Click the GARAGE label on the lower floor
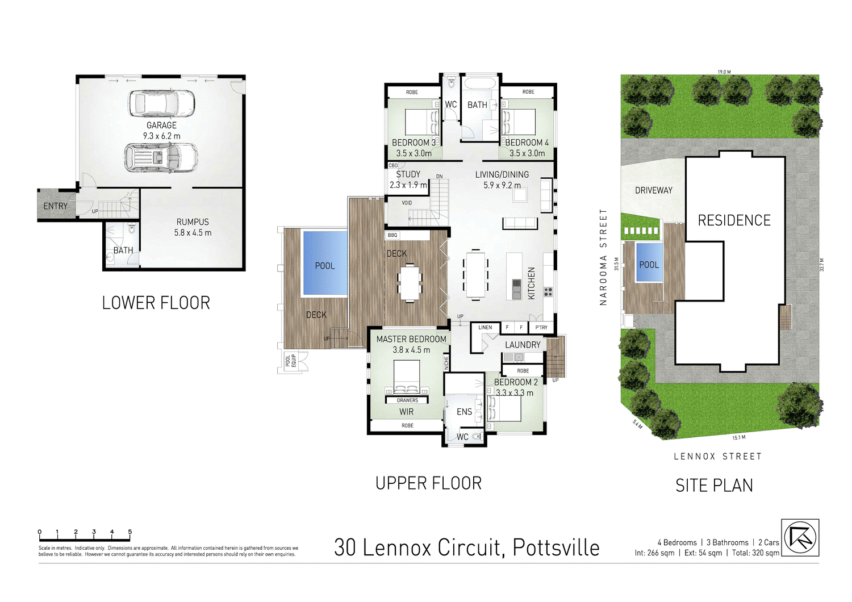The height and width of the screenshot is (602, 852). point(161,126)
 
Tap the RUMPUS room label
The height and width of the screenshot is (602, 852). point(193,222)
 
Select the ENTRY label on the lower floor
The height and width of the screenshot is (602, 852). point(55,206)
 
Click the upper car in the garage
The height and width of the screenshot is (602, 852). point(162,104)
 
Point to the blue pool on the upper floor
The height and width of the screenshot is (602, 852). point(325,262)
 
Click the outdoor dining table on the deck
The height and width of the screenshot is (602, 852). point(410,283)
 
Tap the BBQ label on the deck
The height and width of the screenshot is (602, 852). point(392,235)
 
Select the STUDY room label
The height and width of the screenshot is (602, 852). point(408,174)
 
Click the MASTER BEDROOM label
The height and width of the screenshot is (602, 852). point(411,339)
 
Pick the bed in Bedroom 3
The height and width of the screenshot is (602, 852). point(421,122)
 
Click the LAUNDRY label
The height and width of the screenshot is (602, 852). point(523,345)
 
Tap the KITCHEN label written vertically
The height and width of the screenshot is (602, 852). point(532,283)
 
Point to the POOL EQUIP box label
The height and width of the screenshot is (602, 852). point(291,361)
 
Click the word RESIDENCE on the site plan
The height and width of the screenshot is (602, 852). point(734,220)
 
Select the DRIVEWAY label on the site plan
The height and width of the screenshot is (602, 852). point(653,190)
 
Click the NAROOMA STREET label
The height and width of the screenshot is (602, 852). point(603,257)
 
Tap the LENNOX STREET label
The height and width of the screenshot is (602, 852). point(717,456)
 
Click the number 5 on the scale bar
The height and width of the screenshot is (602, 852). point(130,532)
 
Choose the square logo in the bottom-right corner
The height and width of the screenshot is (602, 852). point(800,537)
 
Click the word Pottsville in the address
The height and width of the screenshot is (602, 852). point(556,547)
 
